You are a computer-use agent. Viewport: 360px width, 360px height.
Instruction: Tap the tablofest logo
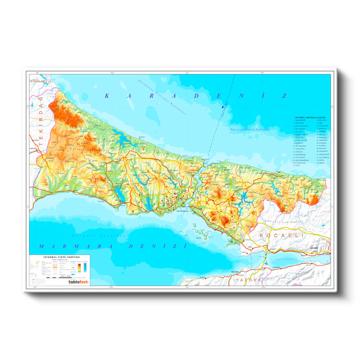pyautogui.click(x=78, y=282)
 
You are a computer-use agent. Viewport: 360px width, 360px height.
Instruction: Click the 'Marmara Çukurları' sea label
pyautogui.click(x=100, y=235)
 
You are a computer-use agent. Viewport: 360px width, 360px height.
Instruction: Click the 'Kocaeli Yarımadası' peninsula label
pyautogui.click(x=284, y=221)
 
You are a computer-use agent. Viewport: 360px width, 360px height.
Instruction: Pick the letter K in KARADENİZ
pyautogui.click(x=107, y=95)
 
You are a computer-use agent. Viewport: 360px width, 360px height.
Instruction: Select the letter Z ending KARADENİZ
pyautogui.click(x=283, y=95)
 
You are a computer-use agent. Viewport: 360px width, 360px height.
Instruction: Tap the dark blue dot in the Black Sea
pyautogui.click(x=223, y=107)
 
